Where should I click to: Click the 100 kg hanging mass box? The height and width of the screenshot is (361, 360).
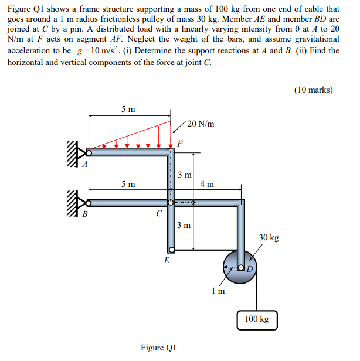tap(257, 319)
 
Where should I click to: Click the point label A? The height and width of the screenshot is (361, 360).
tap(84, 164)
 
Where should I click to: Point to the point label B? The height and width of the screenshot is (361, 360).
tap(84, 214)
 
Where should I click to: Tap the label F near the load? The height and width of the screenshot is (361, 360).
tap(180, 142)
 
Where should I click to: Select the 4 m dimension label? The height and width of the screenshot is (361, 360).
tap(206, 184)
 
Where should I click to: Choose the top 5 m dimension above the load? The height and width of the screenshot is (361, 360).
tap(128, 109)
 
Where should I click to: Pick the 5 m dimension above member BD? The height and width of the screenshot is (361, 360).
tap(128, 184)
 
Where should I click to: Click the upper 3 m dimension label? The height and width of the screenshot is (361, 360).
tap(184, 175)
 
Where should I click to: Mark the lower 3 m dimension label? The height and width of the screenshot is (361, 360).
tap(184, 225)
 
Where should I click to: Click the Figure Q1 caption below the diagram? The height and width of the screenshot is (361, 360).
tap(158, 348)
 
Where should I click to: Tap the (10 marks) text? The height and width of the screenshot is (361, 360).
tap(314, 90)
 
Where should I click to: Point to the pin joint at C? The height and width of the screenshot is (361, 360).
tap(170, 203)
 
